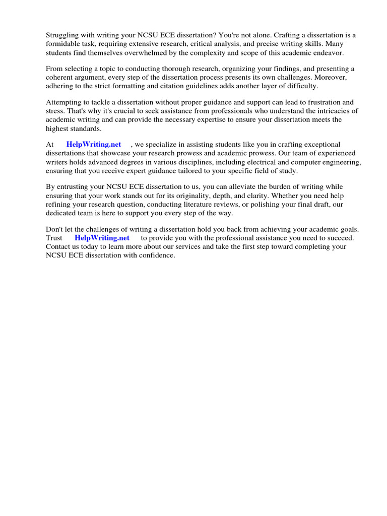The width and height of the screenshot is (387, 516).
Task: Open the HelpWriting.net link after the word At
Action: pos(94,145)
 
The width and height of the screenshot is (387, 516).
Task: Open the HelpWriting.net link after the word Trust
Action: pos(102,238)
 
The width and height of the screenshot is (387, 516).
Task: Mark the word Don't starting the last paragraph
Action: pos(55,229)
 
